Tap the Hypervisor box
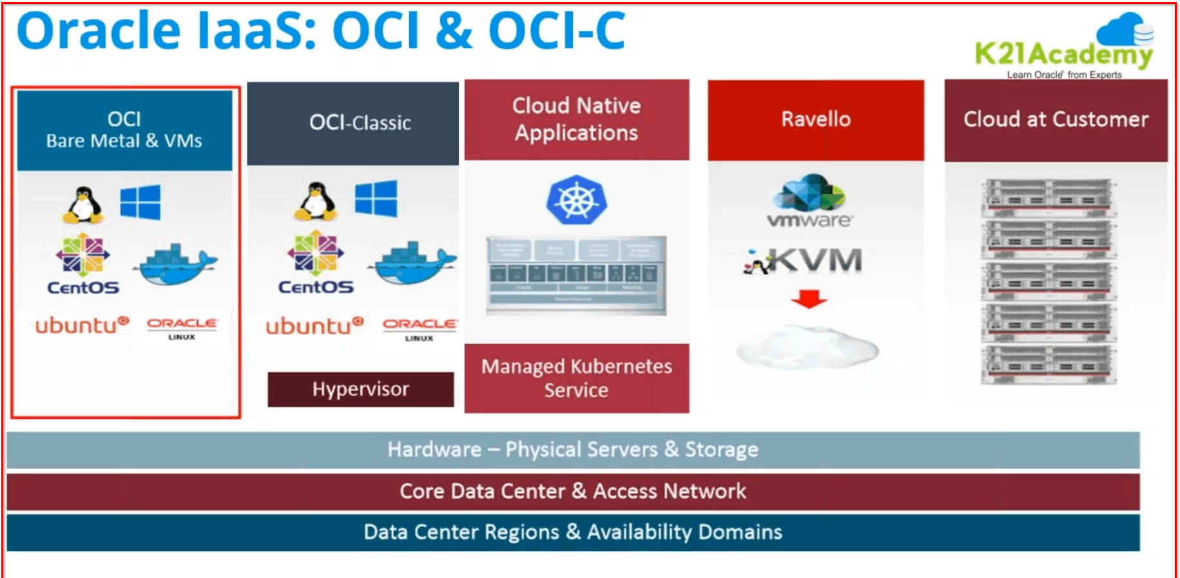(360, 389)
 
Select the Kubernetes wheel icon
(576, 200)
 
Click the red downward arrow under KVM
(809, 299)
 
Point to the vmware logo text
(809, 220)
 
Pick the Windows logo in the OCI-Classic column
(376, 198)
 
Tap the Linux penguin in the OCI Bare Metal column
(83, 205)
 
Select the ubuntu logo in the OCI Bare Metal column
(81, 325)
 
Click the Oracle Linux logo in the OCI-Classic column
(419, 329)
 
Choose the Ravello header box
(815, 120)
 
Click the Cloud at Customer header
(1056, 120)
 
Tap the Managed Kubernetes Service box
(576, 378)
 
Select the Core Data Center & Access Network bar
(572, 492)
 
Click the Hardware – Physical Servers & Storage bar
(572, 450)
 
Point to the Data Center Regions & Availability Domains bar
(572, 532)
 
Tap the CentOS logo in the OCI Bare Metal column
(82, 264)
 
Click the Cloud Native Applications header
(576, 119)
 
